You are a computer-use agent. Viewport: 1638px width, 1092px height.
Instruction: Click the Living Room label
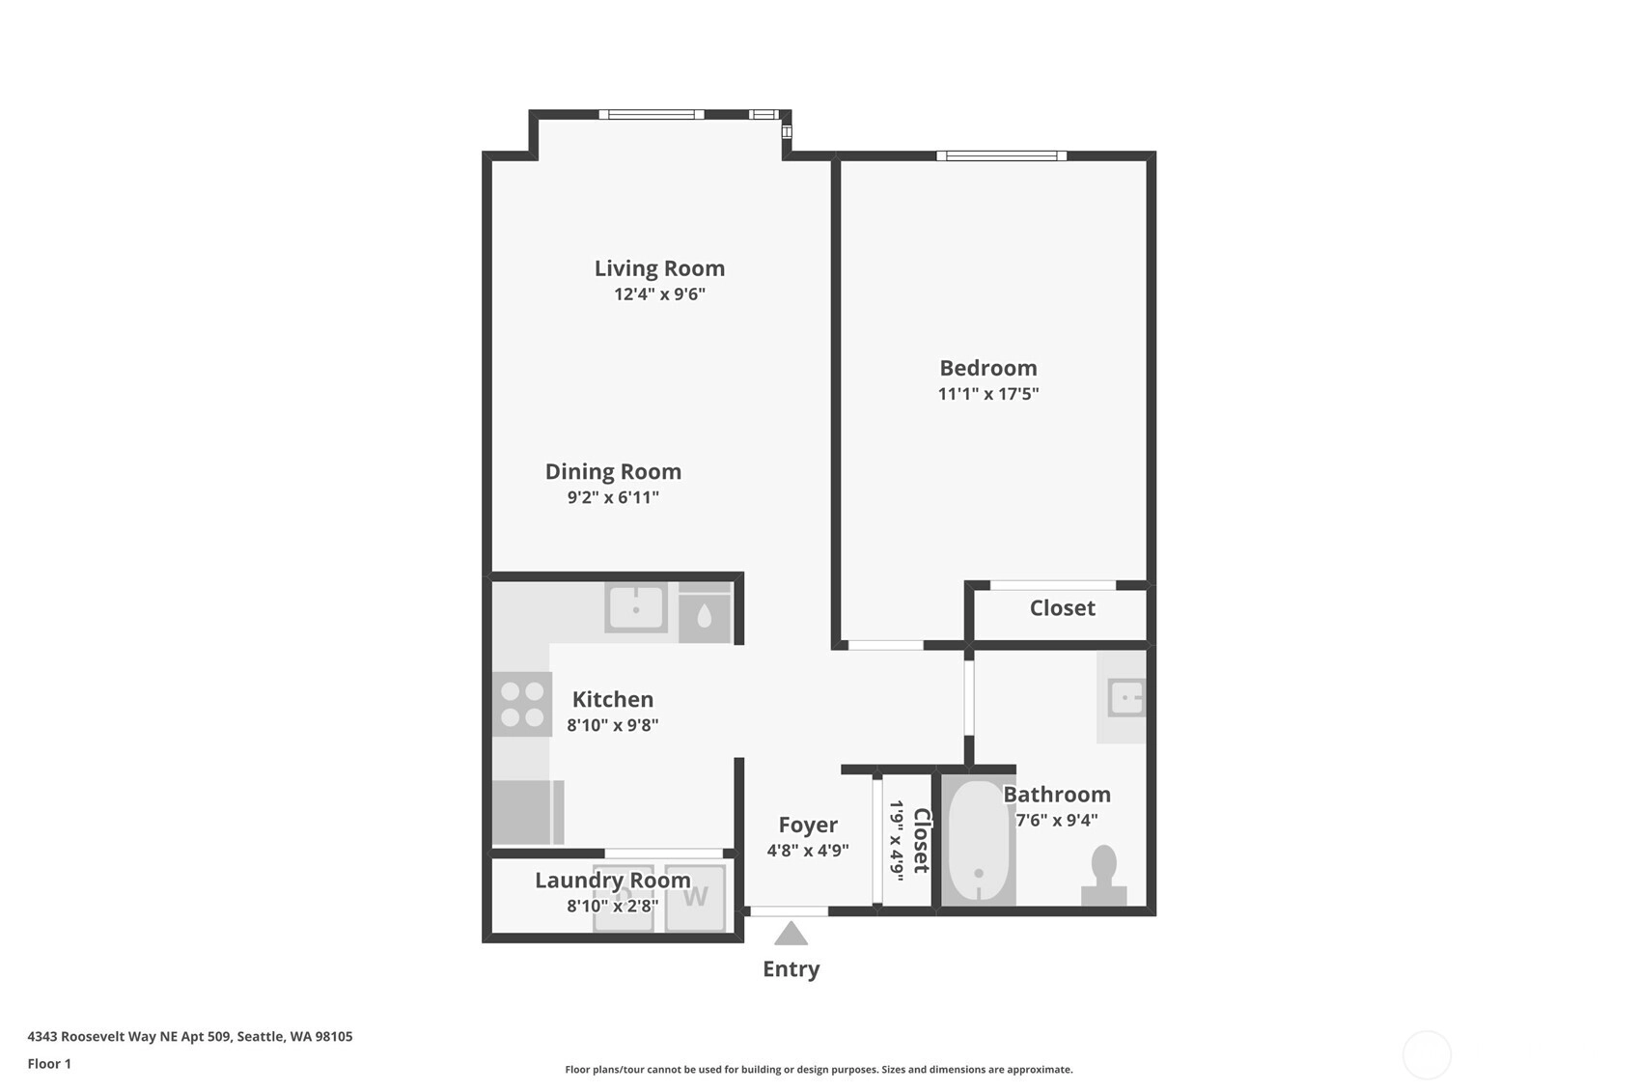pyautogui.click(x=659, y=268)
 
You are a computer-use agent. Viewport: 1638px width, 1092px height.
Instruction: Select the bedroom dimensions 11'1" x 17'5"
pyautogui.click(x=988, y=394)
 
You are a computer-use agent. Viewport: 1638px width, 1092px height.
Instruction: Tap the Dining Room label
pyautogui.click(x=613, y=472)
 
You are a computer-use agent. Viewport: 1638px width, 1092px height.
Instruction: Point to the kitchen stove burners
pyautogui.click(x=522, y=704)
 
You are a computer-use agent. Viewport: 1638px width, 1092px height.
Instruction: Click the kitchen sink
pyautogui.click(x=636, y=607)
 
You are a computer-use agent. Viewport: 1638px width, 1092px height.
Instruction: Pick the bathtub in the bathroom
pyautogui.click(x=979, y=841)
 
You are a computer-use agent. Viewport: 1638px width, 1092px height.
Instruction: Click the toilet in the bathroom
pyautogui.click(x=1103, y=876)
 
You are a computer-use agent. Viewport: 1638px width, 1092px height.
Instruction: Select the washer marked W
pyautogui.click(x=695, y=897)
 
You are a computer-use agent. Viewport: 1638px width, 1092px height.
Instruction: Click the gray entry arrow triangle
pyautogui.click(x=791, y=934)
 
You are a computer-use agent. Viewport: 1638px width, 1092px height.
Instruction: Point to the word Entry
pyautogui.click(x=791, y=969)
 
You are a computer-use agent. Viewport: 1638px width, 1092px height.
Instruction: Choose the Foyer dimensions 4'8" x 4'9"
pyautogui.click(x=807, y=851)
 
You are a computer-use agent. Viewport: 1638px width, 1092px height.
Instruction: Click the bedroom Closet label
pyautogui.click(x=1062, y=608)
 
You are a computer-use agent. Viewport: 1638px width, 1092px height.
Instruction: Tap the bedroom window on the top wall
pyautogui.click(x=1001, y=155)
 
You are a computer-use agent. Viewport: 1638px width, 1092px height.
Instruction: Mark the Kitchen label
pyautogui.click(x=613, y=699)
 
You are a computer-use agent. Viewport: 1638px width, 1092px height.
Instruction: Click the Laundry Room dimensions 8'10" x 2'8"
pyautogui.click(x=613, y=907)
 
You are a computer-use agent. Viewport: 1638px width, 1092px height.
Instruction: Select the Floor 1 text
pyautogui.click(x=50, y=1064)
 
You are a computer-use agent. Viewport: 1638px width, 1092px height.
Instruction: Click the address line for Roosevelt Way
pyautogui.click(x=190, y=1036)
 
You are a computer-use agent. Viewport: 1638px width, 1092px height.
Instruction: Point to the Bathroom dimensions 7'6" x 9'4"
pyautogui.click(x=1057, y=820)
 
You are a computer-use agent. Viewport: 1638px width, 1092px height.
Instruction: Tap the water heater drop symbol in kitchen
pyautogui.click(x=705, y=617)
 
